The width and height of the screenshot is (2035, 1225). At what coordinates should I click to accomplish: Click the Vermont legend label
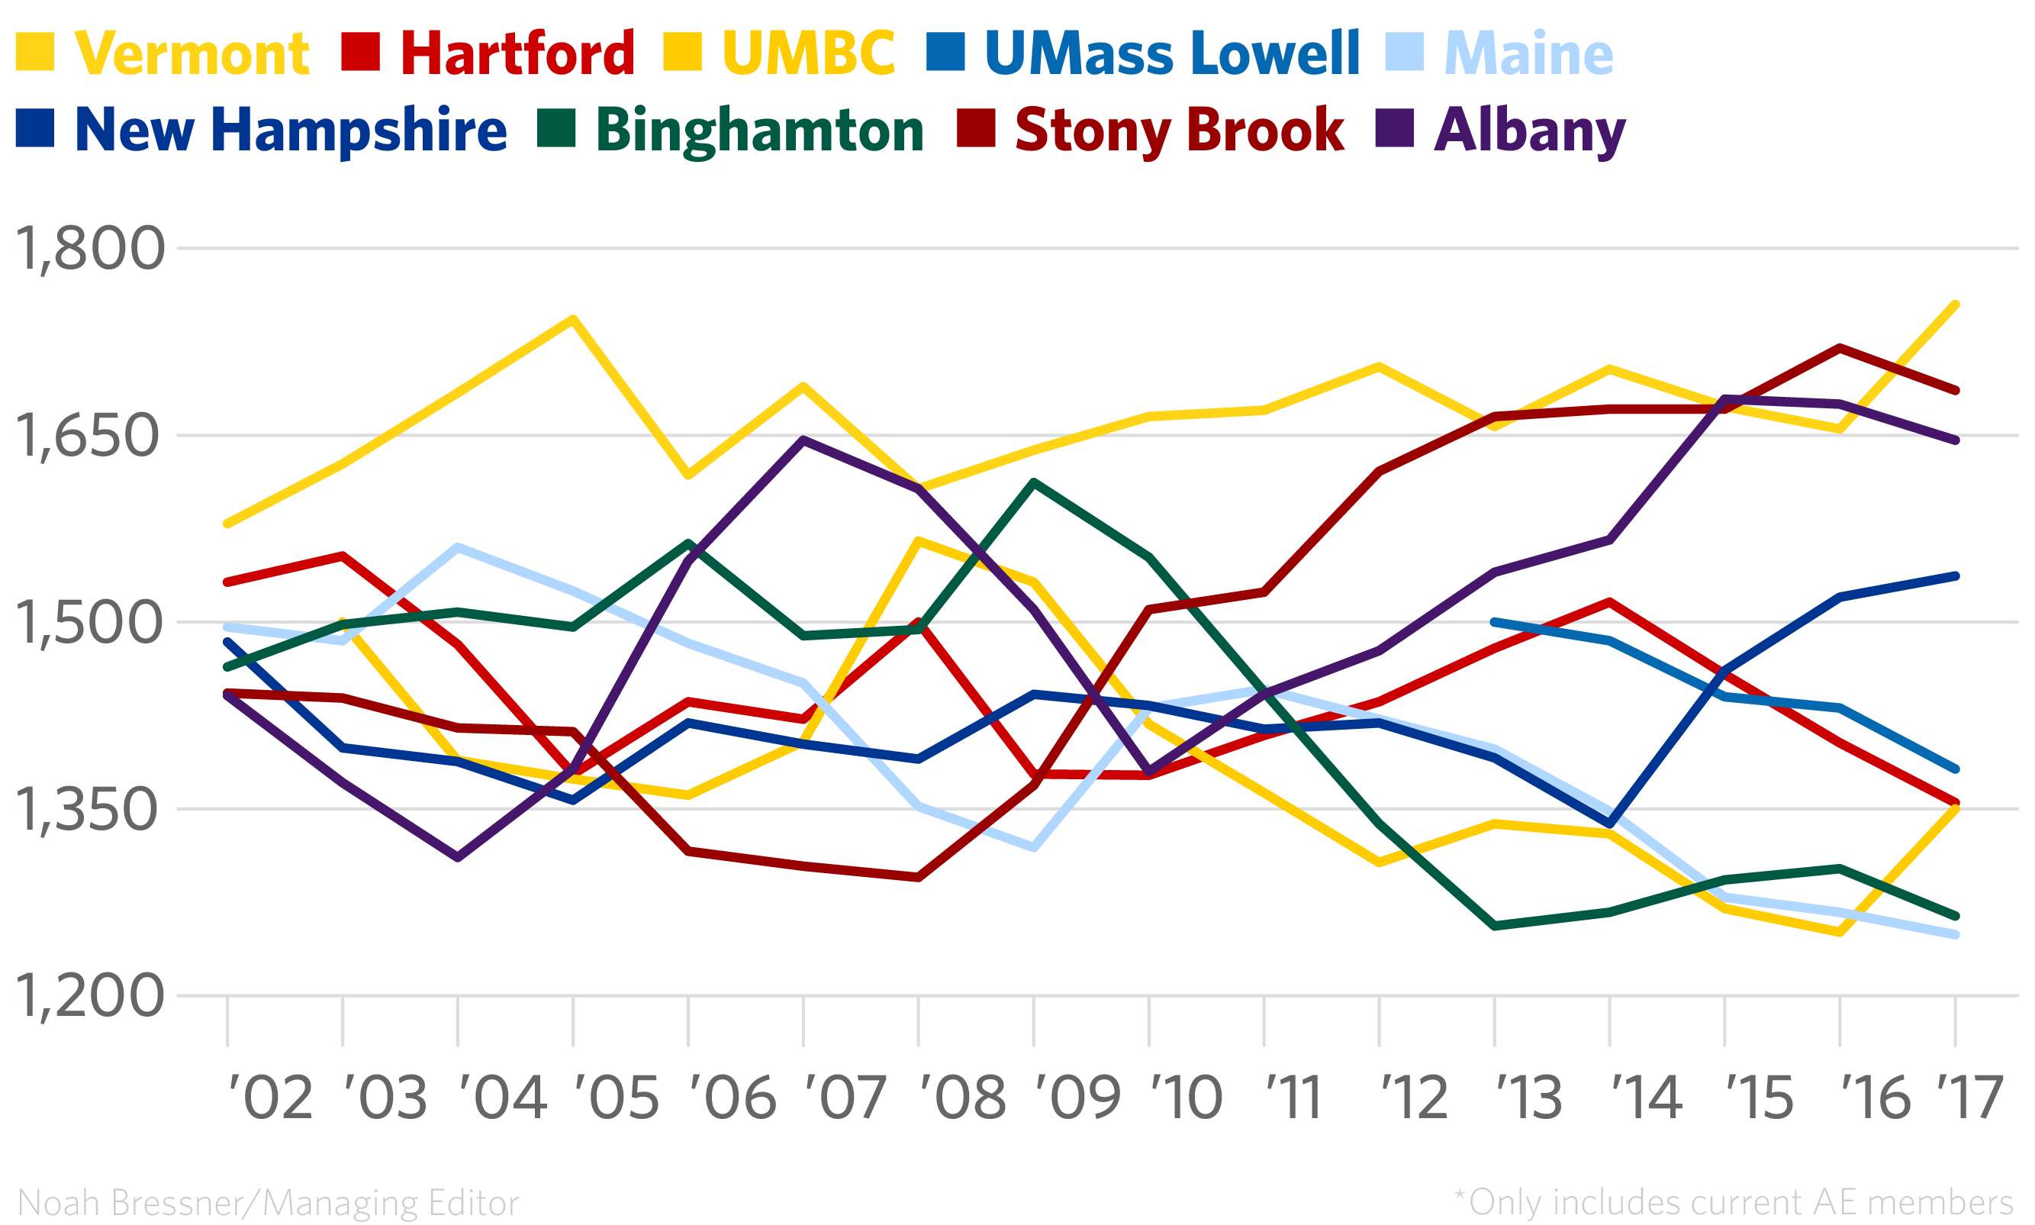point(192,53)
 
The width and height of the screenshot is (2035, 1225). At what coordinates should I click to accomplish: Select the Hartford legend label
point(517,53)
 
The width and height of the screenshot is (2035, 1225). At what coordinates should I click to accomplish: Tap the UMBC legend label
point(808,53)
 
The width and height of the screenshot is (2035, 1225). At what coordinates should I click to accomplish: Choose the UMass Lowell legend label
point(1172,53)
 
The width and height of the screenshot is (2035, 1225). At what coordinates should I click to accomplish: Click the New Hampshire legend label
point(291,131)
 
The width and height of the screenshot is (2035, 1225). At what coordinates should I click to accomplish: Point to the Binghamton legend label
point(759,131)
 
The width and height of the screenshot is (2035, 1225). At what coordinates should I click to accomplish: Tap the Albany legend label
point(1529,131)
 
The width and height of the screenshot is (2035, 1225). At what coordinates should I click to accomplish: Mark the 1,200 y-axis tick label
point(89,996)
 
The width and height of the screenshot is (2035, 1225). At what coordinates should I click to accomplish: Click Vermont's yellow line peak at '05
point(573,318)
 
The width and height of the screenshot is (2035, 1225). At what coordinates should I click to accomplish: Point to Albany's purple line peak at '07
point(803,440)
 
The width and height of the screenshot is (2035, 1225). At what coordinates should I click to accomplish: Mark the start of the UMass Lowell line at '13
point(1495,621)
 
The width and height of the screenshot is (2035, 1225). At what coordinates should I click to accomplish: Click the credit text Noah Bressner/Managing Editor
point(268,1202)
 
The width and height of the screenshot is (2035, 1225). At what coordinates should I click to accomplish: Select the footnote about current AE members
point(1733,1202)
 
